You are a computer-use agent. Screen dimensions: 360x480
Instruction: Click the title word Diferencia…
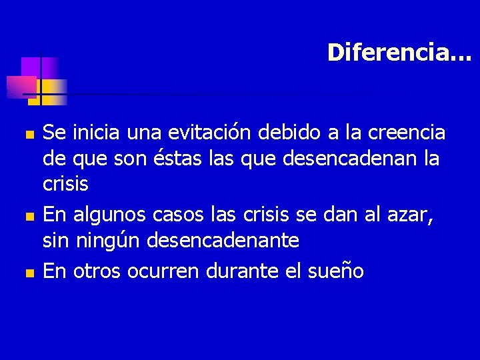click(399, 53)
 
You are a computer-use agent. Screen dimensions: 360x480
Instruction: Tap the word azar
click(414, 215)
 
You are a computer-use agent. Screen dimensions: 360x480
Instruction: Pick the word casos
click(176, 215)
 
